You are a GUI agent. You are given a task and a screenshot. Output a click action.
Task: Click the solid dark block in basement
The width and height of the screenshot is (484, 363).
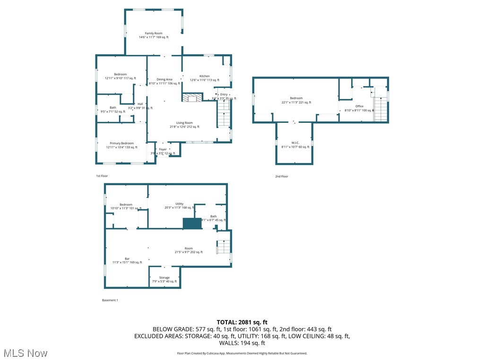(x=192, y=224)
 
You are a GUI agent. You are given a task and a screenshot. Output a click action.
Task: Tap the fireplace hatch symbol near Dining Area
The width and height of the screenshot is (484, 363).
(x=192, y=97)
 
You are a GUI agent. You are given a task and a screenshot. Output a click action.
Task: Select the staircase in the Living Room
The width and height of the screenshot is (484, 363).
(x=224, y=113)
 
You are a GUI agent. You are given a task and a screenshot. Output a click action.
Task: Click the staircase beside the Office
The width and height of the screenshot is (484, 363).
(x=380, y=109)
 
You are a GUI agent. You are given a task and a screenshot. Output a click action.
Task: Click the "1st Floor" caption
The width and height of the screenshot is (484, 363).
(x=102, y=176)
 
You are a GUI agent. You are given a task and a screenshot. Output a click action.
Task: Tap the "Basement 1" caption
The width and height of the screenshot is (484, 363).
(x=110, y=300)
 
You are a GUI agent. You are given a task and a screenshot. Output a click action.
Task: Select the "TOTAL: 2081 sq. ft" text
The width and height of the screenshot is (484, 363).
(x=242, y=322)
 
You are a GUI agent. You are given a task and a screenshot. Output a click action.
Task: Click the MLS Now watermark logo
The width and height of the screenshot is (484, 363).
(x=26, y=353)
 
